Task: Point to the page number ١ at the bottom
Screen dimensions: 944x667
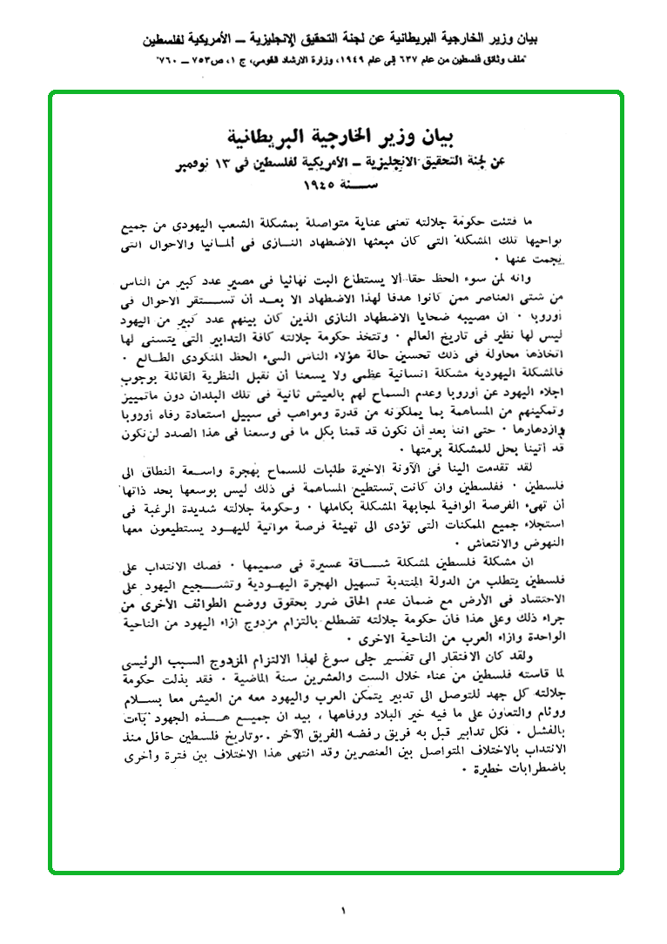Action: [x=343, y=911]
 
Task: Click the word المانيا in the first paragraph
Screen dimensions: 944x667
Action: [x=204, y=243]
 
